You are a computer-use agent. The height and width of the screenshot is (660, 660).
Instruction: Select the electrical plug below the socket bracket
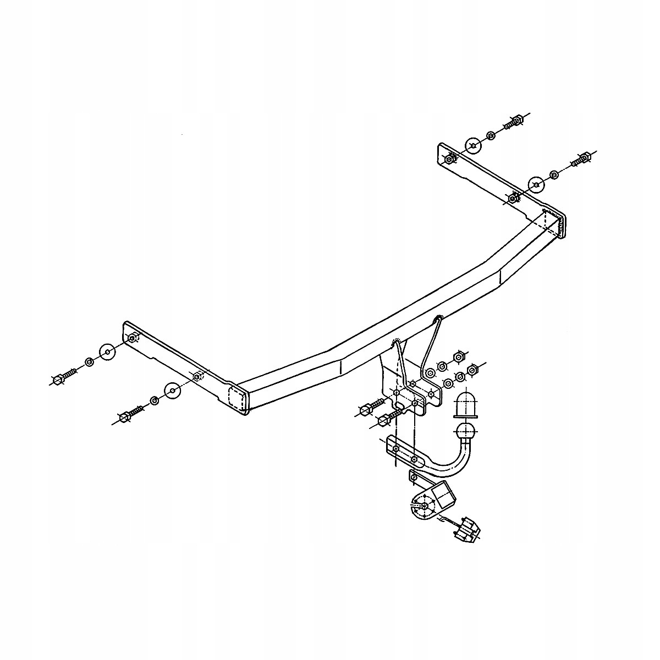tap(466, 530)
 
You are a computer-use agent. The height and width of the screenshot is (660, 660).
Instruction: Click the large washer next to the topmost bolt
tap(473, 145)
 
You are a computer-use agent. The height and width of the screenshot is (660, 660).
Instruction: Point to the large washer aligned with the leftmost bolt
tap(108, 351)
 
